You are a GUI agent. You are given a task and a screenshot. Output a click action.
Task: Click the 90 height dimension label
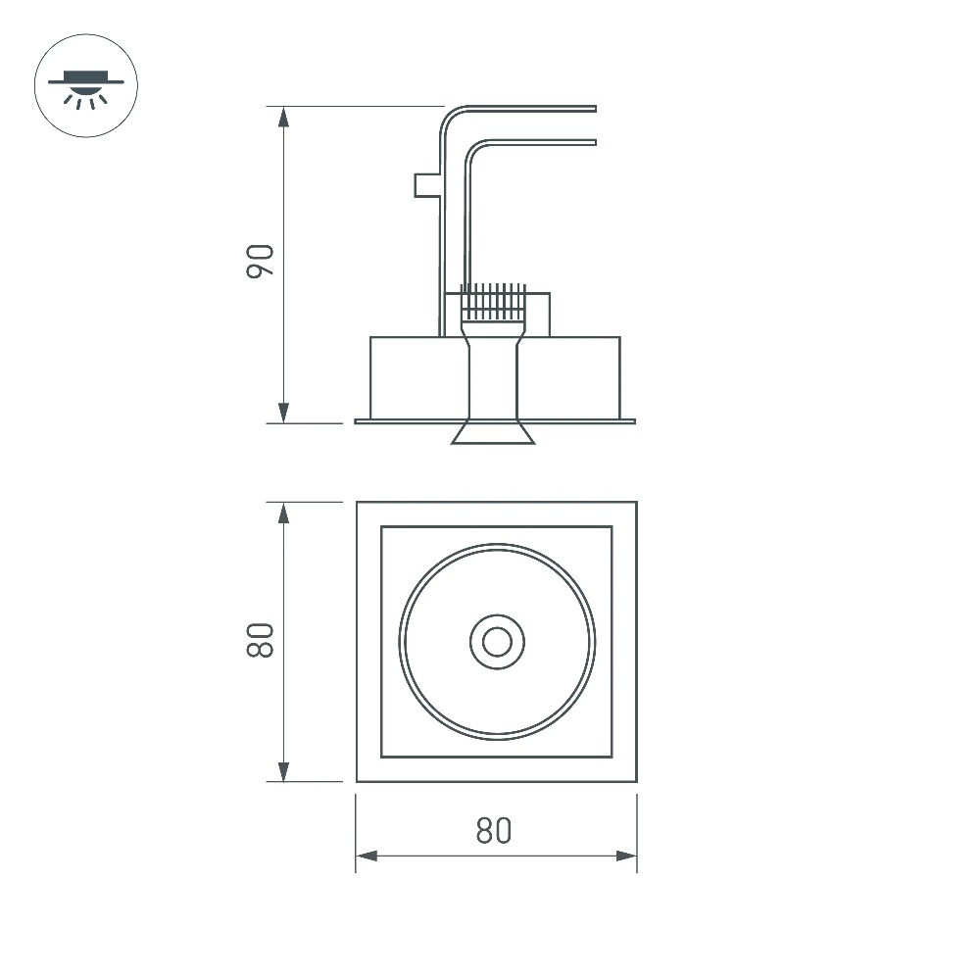pyautogui.click(x=260, y=262)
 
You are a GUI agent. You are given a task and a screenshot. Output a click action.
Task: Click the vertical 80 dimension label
pyautogui.click(x=260, y=640)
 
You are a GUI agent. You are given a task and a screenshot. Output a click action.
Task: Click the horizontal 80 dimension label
pyautogui.click(x=494, y=831)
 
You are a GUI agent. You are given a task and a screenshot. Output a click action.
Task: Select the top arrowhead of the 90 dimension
pyautogui.click(x=284, y=118)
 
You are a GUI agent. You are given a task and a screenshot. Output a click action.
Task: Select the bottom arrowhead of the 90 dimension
pyautogui.click(x=284, y=413)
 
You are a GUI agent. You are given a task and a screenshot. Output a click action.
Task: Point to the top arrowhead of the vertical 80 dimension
pyautogui.click(x=284, y=514)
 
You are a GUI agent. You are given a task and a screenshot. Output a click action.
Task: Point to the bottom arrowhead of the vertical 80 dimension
pyautogui.click(x=284, y=771)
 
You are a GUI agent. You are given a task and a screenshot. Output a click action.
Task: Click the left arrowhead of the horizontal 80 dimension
pyautogui.click(x=367, y=856)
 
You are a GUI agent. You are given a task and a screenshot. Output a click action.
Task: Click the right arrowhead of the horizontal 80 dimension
pyautogui.click(x=626, y=856)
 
